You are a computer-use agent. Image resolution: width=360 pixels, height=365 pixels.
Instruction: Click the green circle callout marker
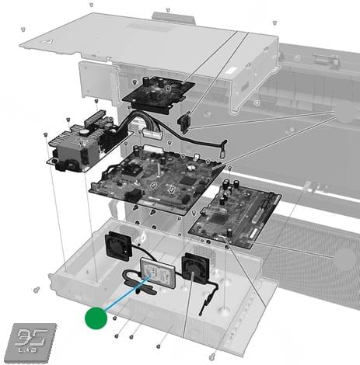(x=95, y=317)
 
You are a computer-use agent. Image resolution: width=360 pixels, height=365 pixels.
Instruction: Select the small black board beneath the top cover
(x=159, y=93)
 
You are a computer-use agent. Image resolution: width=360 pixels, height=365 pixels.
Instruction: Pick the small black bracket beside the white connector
(x=185, y=121)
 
